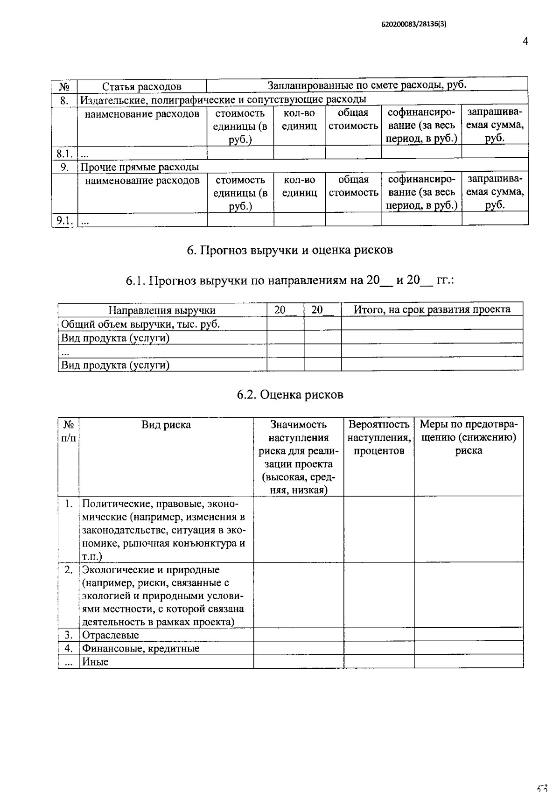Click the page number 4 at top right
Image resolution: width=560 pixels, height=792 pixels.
[x=525, y=41]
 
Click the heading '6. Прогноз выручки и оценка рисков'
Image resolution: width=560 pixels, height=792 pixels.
[x=289, y=250]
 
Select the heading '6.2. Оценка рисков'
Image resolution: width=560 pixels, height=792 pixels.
[x=290, y=395]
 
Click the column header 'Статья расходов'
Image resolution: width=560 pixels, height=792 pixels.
[x=141, y=86]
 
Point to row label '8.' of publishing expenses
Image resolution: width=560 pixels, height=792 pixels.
[x=64, y=100]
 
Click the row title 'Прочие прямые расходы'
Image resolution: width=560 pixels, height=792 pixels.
[x=140, y=167]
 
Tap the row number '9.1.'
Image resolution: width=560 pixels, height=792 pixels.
[x=64, y=220]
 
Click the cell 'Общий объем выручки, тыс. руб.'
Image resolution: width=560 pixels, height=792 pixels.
[x=140, y=324]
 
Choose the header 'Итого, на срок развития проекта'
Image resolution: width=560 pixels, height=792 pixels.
[x=432, y=309]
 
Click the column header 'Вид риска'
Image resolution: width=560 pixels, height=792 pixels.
[x=166, y=425]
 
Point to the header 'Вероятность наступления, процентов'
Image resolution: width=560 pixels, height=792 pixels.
[x=378, y=437]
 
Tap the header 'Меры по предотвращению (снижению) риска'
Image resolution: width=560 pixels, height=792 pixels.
[x=469, y=437]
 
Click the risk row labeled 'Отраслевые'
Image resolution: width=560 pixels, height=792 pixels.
[x=111, y=635]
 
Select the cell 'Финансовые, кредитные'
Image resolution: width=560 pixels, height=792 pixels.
[x=140, y=648]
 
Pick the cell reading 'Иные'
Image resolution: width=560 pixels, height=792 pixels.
[x=95, y=661]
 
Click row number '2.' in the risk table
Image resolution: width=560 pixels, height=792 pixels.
[x=69, y=570]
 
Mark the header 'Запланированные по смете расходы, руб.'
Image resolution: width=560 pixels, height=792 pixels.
[x=367, y=85]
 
